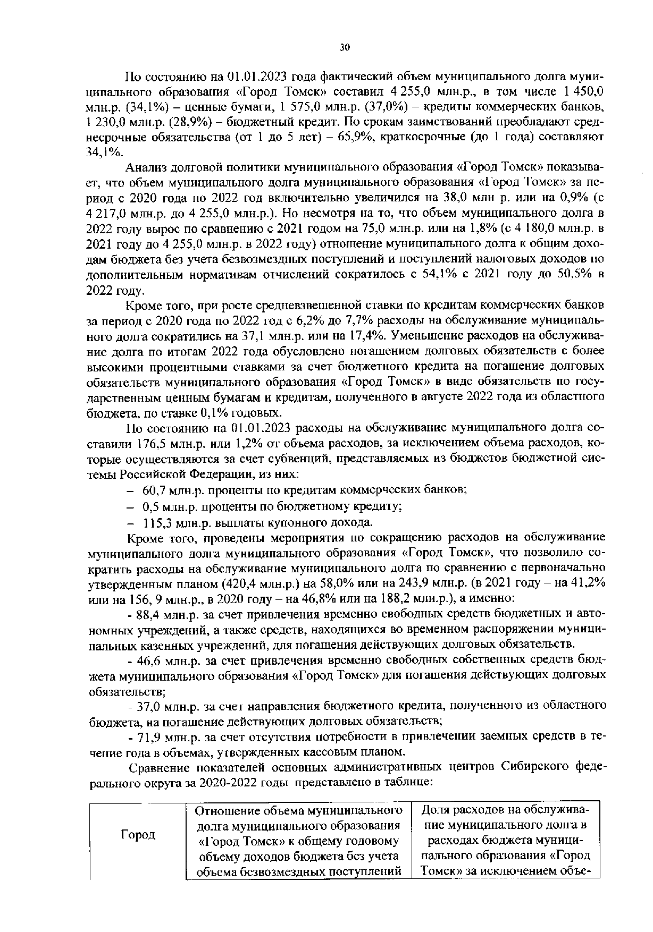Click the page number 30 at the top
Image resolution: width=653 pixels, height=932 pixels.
click(x=345, y=48)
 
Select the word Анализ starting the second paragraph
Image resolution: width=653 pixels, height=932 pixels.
click(x=147, y=168)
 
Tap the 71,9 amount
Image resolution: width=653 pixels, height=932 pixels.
click(x=150, y=736)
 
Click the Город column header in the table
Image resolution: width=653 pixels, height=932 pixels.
click(x=138, y=835)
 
